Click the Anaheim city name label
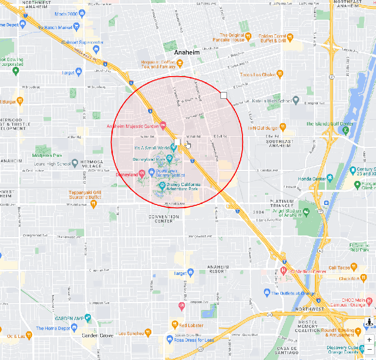coord(187,53)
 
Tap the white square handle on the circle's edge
coord(224,96)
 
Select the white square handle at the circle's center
coord(177,141)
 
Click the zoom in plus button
coord(369,339)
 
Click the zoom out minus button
coord(369,350)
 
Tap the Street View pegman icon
coord(369,323)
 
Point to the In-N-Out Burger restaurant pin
coord(282,127)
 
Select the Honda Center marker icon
coord(330,178)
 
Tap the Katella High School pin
coord(296,100)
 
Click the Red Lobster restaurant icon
coord(174,325)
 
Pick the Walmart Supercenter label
coord(82,42)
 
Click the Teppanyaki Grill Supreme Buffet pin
coord(94,203)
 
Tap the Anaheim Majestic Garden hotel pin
coord(163,125)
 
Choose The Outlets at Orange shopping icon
coord(267,293)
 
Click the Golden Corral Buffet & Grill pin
coord(290,36)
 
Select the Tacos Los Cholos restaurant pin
coord(280,74)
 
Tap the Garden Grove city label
coord(97,336)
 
